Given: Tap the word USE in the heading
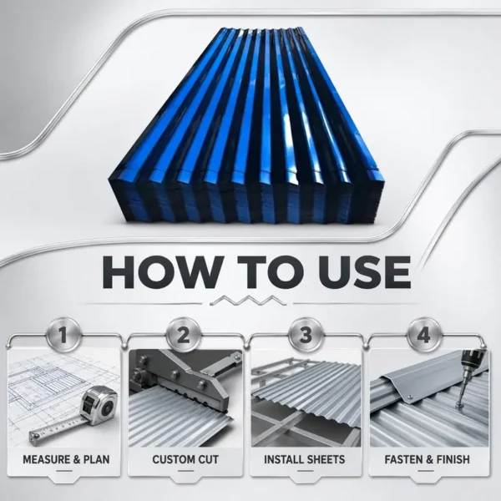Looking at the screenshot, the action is tap(365, 272).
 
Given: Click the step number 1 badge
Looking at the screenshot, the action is tap(63, 336).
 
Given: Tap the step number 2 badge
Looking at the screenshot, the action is tap(184, 336).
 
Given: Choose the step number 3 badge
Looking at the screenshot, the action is tap(306, 336).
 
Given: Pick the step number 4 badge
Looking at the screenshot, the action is tap(423, 336).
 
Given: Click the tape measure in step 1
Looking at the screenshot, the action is tap(96, 405).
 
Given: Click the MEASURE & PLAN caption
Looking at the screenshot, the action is tap(66, 459).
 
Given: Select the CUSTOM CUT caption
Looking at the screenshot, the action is tap(185, 459).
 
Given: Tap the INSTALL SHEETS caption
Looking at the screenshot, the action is tap(305, 459).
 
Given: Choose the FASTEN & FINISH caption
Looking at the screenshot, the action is tap(428, 459).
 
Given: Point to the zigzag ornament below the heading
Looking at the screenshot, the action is tap(248, 301).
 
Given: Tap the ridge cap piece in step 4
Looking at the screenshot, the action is tap(418, 383).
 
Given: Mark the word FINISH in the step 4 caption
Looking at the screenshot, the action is tap(453, 459).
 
